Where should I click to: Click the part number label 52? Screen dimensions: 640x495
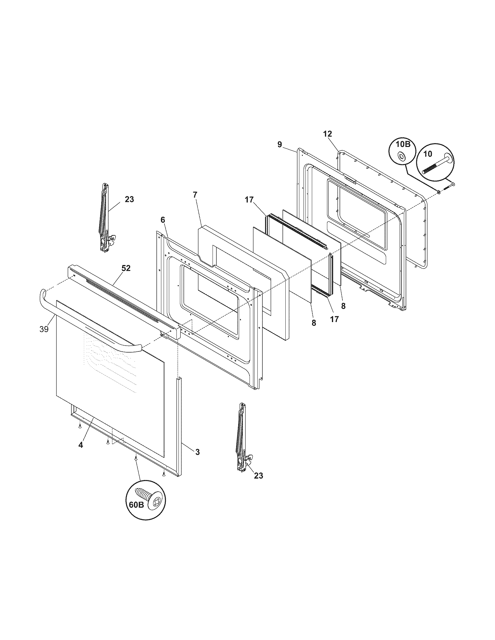click(126, 268)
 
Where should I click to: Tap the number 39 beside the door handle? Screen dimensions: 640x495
click(44, 329)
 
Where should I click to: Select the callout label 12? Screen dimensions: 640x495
click(328, 134)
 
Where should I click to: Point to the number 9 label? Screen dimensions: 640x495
click(280, 144)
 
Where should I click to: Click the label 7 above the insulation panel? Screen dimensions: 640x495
click(195, 195)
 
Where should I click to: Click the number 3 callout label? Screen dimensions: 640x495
click(197, 452)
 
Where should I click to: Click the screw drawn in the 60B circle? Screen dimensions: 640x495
click(146, 495)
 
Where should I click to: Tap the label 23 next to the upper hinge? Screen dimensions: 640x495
click(129, 199)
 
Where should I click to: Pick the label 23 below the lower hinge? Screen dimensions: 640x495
click(258, 476)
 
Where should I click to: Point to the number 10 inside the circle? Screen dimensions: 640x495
click(428, 154)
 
